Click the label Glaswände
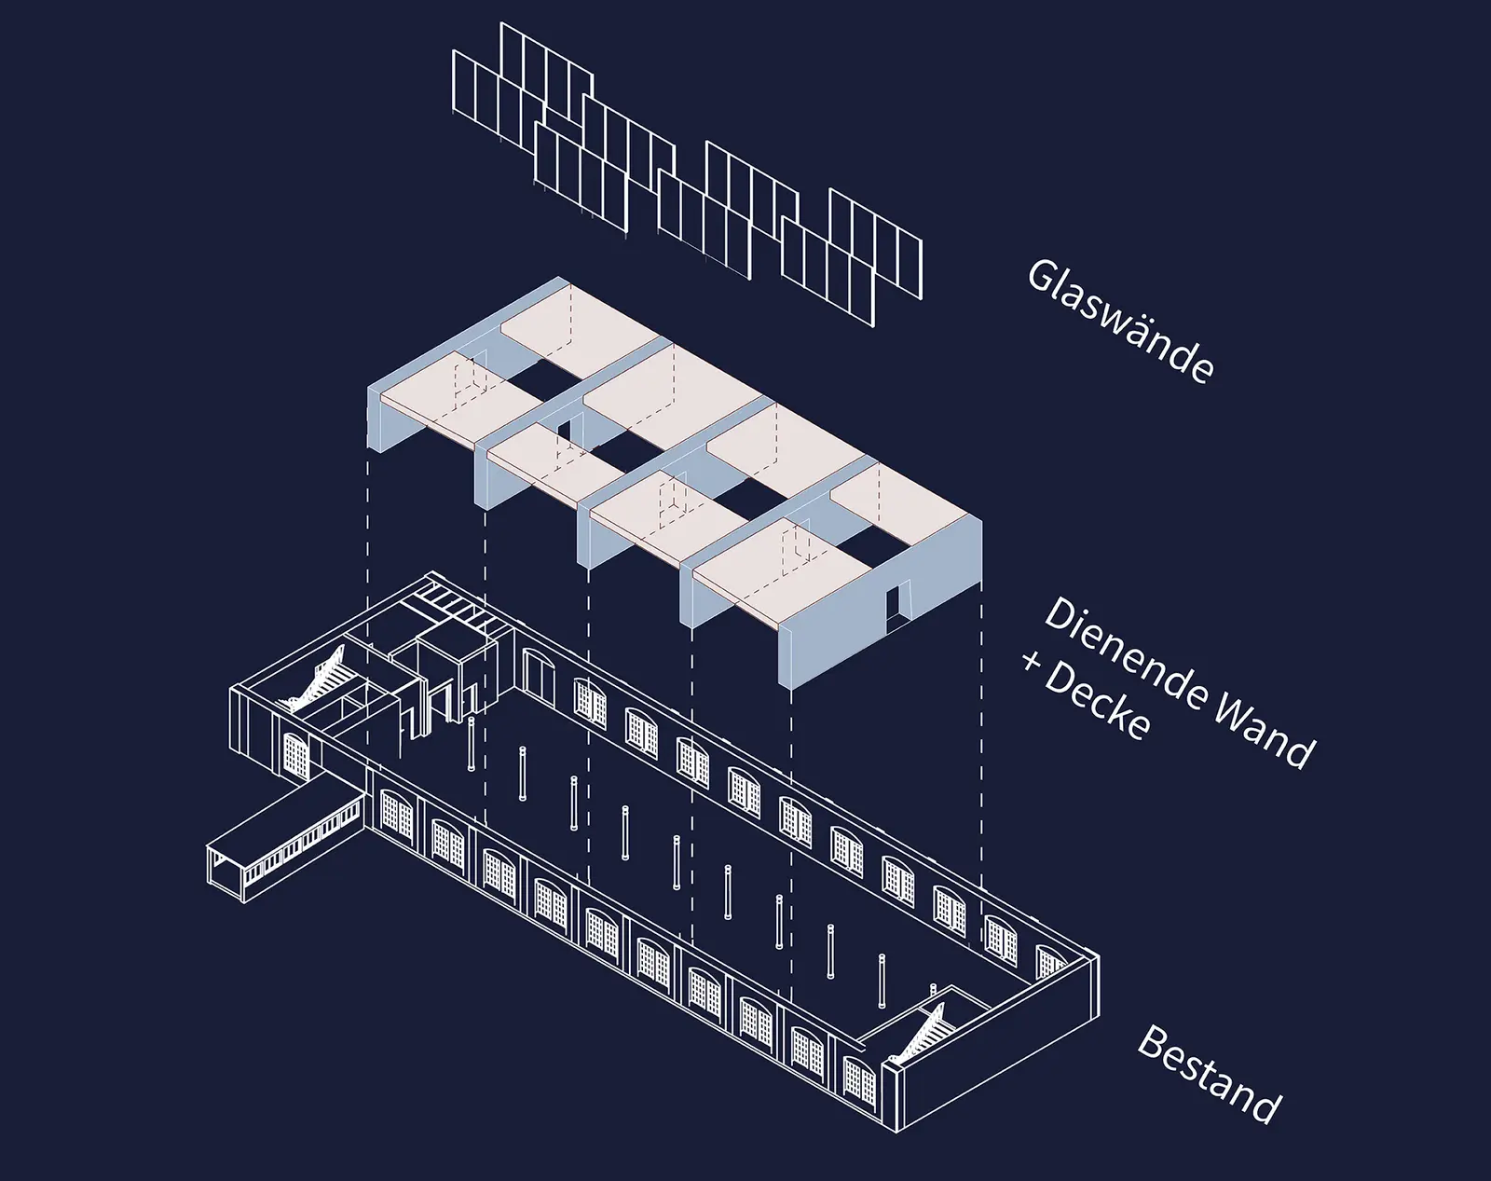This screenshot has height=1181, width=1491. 1119,322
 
